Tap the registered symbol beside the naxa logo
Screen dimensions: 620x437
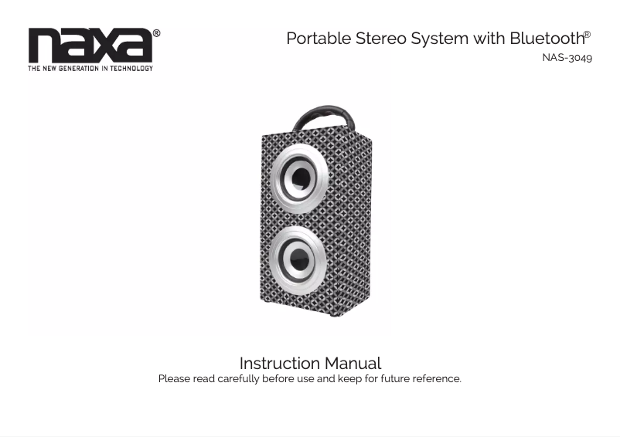coord(157,33)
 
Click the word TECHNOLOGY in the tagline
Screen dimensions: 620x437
coord(131,68)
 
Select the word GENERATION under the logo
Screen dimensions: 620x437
coord(78,68)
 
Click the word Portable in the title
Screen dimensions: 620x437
coord(319,39)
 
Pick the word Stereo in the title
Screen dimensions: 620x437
coord(381,39)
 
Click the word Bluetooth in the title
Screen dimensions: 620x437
coord(547,39)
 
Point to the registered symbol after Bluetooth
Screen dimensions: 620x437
coord(588,35)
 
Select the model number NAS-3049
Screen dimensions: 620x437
coord(567,58)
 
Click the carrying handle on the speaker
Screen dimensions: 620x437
coord(324,117)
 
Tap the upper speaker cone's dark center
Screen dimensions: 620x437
coord(301,178)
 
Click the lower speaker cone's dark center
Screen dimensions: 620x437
coord(298,259)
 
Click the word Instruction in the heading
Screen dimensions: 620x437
coord(279,363)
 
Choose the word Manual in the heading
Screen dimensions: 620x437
coord(353,363)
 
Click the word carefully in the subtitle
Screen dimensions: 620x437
coord(238,379)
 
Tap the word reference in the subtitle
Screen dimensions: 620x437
coord(437,379)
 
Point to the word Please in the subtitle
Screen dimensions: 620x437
coord(174,379)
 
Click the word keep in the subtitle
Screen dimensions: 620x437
coord(349,379)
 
